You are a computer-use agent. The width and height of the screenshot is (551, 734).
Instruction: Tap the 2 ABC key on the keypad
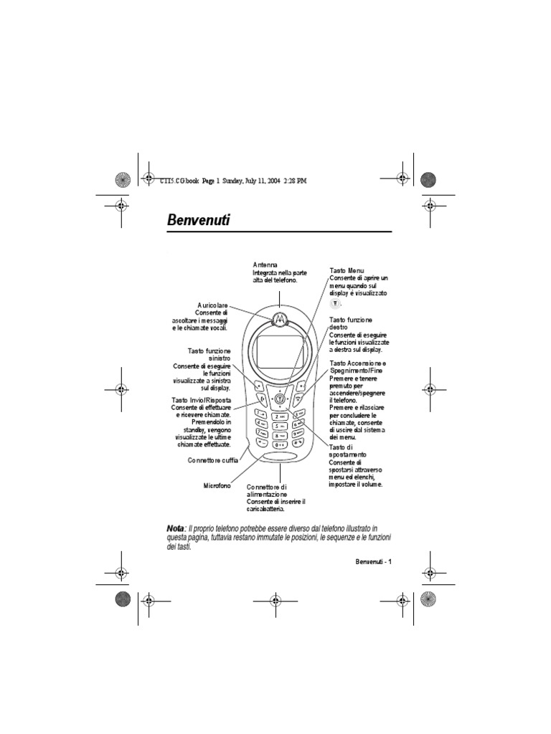(278, 416)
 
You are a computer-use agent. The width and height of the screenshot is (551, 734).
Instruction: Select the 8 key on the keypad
(278, 435)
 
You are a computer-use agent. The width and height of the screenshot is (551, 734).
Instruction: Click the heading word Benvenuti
(198, 220)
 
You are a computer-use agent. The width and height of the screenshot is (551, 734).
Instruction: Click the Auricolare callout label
(212, 305)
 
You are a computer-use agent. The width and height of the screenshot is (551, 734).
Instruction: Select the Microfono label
(216, 486)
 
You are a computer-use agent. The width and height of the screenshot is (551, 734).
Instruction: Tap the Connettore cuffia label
(213, 460)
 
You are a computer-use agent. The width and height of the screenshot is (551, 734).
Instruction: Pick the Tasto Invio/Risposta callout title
(200, 399)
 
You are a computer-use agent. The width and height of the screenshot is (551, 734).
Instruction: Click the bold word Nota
(175, 528)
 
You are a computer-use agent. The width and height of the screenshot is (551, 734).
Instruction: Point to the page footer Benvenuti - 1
(373, 561)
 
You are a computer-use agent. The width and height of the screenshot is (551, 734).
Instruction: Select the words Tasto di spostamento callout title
(348, 452)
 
